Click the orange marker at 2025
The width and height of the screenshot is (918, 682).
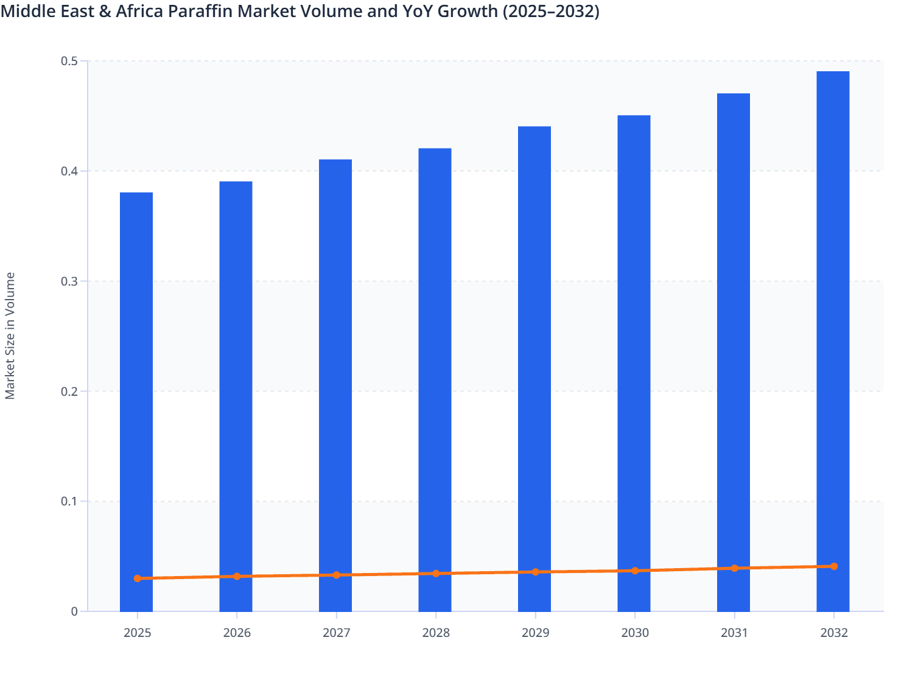coord(138,578)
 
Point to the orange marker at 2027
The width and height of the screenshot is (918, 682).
coord(337,575)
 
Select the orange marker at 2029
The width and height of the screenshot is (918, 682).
coord(536,572)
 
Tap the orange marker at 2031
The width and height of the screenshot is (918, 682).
coord(735,568)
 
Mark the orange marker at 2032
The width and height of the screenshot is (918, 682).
coord(834,566)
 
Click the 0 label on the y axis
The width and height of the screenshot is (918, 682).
coord(74,611)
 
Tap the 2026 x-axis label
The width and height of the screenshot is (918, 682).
coord(237,633)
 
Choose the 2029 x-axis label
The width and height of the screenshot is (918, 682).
coord(536,633)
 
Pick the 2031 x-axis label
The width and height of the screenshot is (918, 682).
coord(735,633)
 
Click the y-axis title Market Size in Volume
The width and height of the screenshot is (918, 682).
coord(10,336)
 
